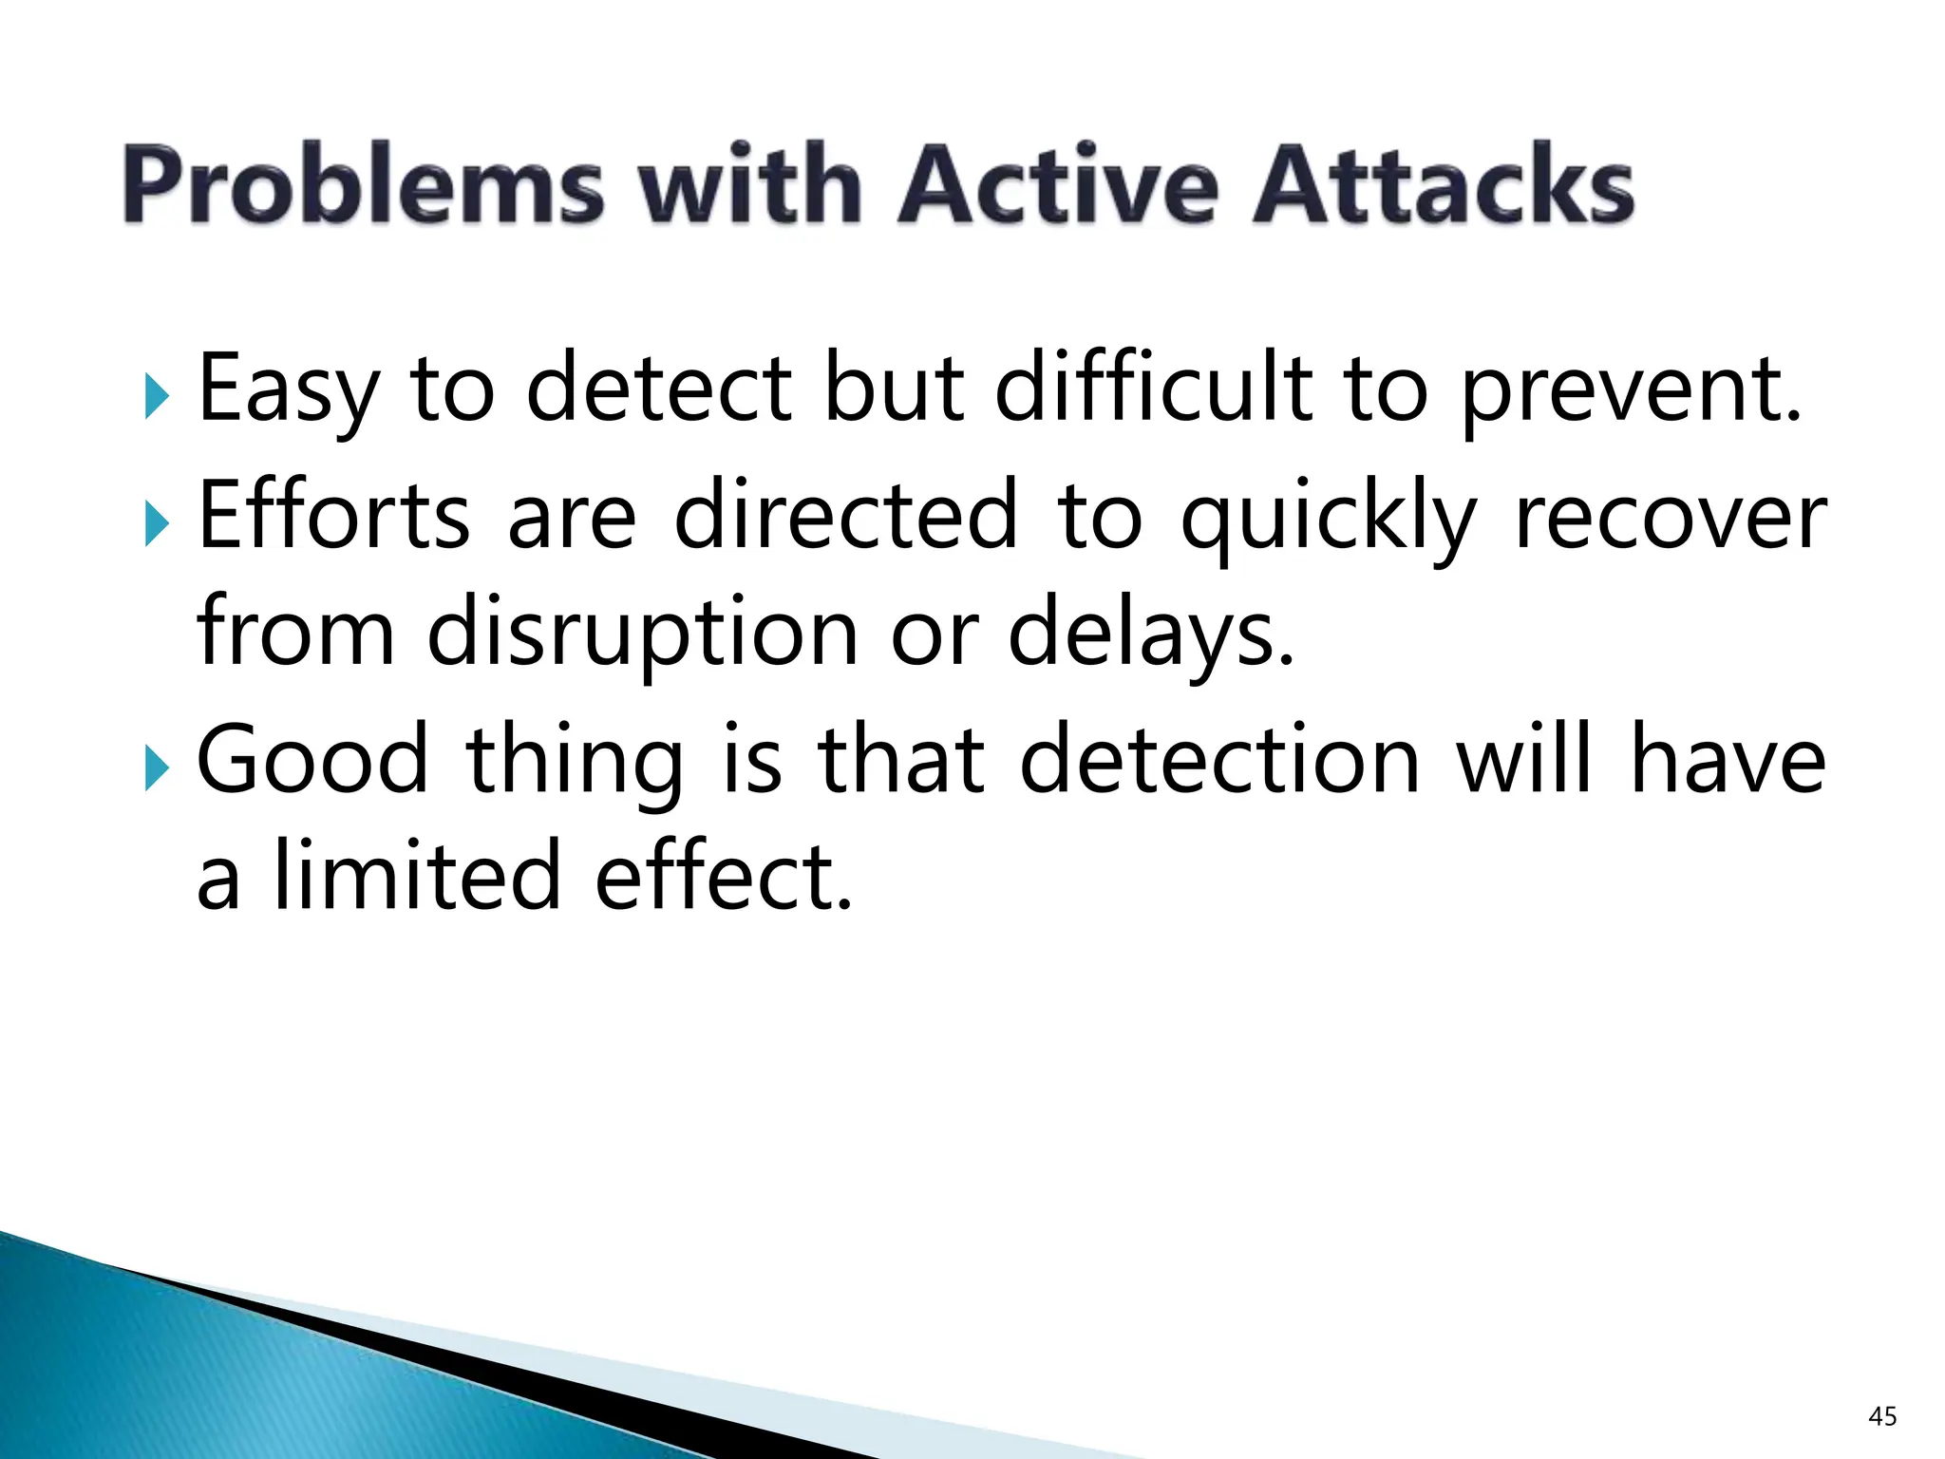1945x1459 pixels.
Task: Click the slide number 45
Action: click(x=1882, y=1416)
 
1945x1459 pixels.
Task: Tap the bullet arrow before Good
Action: click(x=157, y=767)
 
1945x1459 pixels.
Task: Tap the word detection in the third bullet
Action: click(x=1219, y=760)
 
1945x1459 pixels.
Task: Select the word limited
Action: click(x=418, y=876)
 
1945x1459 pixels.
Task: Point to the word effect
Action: click(x=724, y=876)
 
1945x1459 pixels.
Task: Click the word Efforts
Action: click(x=333, y=515)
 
